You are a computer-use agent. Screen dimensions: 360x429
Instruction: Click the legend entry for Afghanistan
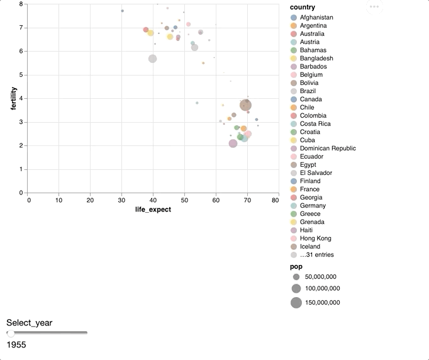coord(316,18)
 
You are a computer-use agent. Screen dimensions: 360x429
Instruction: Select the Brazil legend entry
coord(311,91)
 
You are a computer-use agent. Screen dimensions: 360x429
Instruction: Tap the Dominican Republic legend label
coord(328,149)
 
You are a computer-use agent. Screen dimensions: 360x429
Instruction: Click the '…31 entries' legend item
coord(316,255)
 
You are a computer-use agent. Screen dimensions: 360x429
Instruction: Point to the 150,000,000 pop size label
coord(323,303)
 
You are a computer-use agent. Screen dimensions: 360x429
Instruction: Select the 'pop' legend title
coord(296,267)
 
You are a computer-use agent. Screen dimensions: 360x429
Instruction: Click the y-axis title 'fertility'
coord(13,98)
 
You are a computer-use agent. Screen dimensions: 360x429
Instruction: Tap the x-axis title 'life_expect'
coord(153,210)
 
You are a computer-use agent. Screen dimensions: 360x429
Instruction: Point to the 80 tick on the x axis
coord(275,200)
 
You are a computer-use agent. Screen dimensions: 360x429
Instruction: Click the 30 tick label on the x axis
coord(121,200)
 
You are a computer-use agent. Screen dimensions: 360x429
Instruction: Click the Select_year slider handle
coord(11,333)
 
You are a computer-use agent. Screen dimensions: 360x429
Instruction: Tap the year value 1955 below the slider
coord(16,345)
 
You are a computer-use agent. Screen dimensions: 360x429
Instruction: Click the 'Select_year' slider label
coord(29,323)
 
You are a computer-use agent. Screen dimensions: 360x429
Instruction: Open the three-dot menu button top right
coord(374,7)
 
